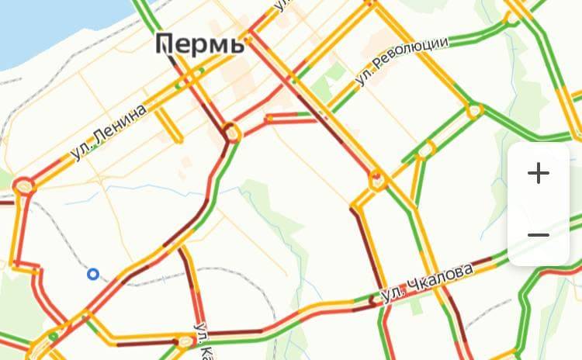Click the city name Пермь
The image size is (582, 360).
[200, 43]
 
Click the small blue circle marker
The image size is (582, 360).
[93, 274]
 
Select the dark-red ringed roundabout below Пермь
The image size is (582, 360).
[232, 133]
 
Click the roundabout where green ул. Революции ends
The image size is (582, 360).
[474, 112]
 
